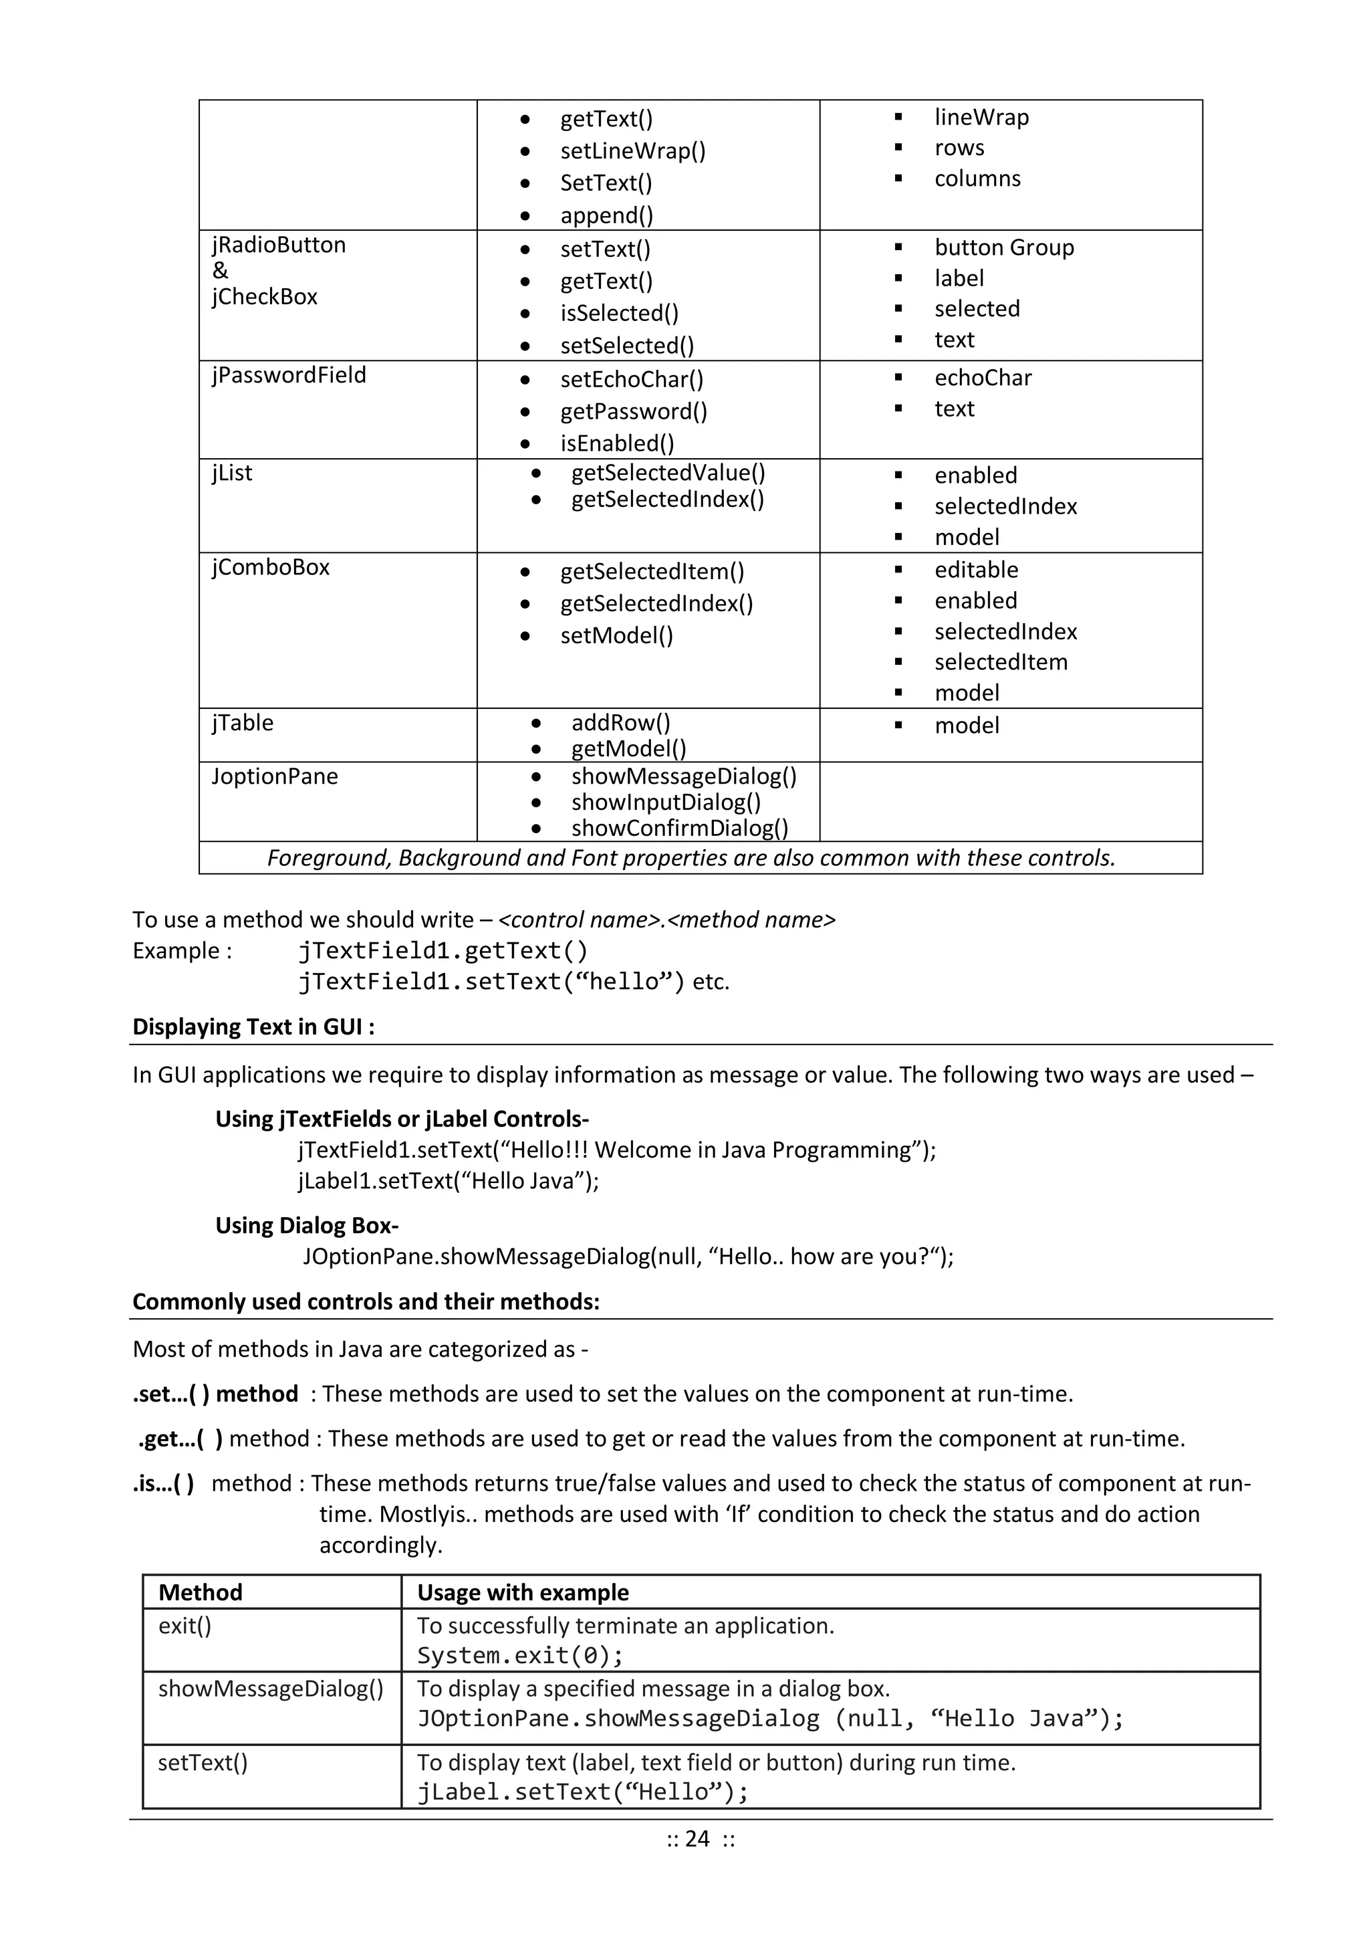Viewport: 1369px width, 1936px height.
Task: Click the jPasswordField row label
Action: (x=289, y=375)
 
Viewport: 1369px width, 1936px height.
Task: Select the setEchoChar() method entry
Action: (x=632, y=379)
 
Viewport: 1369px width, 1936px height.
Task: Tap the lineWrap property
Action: (x=981, y=117)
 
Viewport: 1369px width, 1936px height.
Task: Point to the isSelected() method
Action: (x=619, y=314)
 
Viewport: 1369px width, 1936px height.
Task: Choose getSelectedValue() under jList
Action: (x=668, y=473)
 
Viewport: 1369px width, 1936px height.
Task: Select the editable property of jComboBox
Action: (x=976, y=570)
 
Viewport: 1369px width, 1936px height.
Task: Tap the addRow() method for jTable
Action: (x=620, y=723)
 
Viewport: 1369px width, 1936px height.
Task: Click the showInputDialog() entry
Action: (x=666, y=802)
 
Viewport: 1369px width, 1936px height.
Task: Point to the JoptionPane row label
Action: (x=274, y=776)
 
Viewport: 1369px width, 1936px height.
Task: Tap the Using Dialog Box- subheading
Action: (x=307, y=1226)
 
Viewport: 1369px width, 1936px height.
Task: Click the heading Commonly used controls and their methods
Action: (x=366, y=1302)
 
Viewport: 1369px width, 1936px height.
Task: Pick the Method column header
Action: (x=201, y=1593)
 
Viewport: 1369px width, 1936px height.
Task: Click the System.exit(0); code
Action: (x=520, y=1656)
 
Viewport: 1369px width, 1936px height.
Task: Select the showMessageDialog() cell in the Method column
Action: (x=271, y=1689)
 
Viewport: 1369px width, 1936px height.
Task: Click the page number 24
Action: (x=697, y=1839)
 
